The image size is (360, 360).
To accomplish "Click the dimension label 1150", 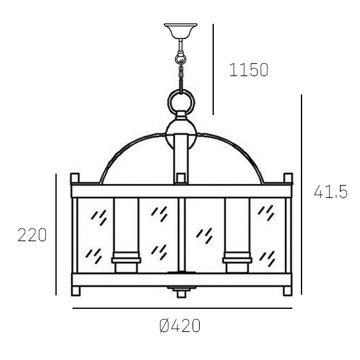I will coord(249,70).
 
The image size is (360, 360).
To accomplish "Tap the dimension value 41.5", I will coord(330,192).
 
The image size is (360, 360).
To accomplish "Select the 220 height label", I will coord(32,235).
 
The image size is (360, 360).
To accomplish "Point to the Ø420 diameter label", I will coord(180,326).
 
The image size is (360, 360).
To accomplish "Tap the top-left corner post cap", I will coord(75,178).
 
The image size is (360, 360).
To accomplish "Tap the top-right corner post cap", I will coord(288,178).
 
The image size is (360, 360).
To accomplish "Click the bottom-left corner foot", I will coord(76,291).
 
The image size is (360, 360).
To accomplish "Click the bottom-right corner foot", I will coord(288,291).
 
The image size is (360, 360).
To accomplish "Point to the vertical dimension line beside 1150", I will coord(213,70).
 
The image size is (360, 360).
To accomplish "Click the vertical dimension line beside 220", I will coord(56,235).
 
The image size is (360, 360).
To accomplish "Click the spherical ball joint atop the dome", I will coord(181,131).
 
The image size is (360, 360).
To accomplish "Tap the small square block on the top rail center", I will coord(180,178).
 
